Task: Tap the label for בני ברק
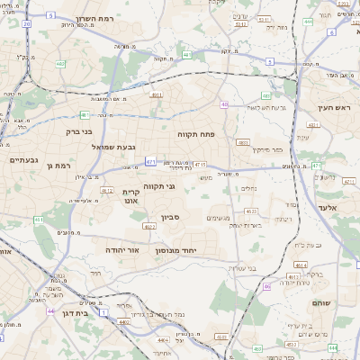[x=80, y=131]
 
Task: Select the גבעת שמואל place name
[x=113, y=146]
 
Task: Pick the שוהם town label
[x=321, y=303]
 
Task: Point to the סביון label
[x=171, y=217]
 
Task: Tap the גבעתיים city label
[x=23, y=160]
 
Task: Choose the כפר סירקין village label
[x=266, y=151]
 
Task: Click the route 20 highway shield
[x=27, y=23]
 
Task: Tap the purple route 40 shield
[x=223, y=105]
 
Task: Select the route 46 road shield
[x=266, y=286]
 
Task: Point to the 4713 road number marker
[x=200, y=165]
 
